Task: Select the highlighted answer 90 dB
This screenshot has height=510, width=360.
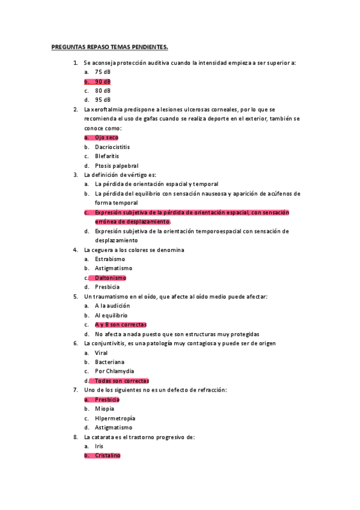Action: pyautogui.click(x=103, y=81)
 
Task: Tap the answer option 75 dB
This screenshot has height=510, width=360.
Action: pyautogui.click(x=103, y=72)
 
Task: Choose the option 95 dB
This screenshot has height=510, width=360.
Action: pyautogui.click(x=103, y=100)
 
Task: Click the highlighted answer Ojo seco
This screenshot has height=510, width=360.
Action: pyautogui.click(x=107, y=138)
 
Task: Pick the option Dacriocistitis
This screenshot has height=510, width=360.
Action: pyautogui.click(x=112, y=147)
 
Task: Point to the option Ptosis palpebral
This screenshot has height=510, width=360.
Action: pyautogui.click(x=117, y=165)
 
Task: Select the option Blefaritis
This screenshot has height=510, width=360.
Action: pyautogui.click(x=108, y=156)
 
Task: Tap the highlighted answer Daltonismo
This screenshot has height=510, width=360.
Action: pyautogui.click(x=111, y=278)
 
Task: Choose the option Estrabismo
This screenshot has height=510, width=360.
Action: pyautogui.click(x=110, y=259)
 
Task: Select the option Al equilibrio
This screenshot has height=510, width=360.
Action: pyautogui.click(x=111, y=315)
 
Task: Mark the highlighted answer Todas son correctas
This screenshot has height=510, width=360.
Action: pyautogui.click(x=122, y=381)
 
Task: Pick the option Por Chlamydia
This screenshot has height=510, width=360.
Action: pyautogui.click(x=114, y=371)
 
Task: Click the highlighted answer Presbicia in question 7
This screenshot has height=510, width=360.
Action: pyautogui.click(x=107, y=399)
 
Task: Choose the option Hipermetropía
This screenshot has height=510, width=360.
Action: pyautogui.click(x=115, y=418)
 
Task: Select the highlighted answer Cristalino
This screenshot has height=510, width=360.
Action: pyautogui.click(x=108, y=456)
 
